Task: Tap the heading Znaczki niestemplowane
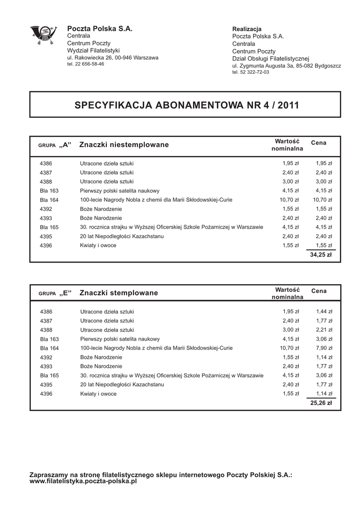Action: pos(124,145)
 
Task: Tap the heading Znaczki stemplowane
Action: pos(119,293)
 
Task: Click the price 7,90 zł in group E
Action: pos(324,348)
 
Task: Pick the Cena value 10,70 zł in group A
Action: pos(323,200)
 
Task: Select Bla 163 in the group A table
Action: pos(49,191)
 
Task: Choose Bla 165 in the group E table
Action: pos(49,376)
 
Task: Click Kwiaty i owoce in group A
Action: pos(98,246)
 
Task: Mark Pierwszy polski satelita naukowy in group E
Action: pos(120,339)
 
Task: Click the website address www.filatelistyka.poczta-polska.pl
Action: pos(83,482)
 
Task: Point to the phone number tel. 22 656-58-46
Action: pos(86,64)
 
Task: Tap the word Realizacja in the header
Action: pos(247,29)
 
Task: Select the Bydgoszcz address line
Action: pos(286,66)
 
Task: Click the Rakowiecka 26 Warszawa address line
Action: pos(113,58)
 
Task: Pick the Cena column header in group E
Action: pos(319,290)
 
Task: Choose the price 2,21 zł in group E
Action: pos(324,330)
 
